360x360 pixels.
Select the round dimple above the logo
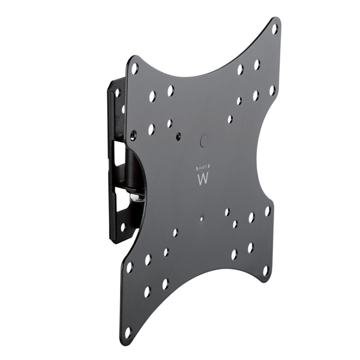click(x=202, y=142)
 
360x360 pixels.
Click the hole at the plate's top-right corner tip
click(x=275, y=28)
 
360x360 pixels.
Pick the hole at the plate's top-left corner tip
click(x=134, y=68)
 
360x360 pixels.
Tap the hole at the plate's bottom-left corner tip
click(x=127, y=331)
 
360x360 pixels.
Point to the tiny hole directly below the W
click(x=201, y=219)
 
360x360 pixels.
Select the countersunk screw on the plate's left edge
click(x=133, y=134)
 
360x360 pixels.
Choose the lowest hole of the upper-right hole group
click(x=230, y=119)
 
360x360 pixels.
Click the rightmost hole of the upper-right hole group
click(x=272, y=90)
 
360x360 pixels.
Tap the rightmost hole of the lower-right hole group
click(x=268, y=211)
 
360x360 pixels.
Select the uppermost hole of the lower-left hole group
click(x=175, y=232)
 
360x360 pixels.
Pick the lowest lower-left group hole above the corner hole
click(x=147, y=292)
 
